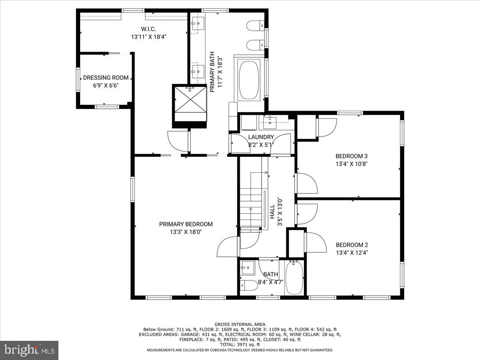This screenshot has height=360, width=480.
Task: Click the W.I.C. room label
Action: (x=148, y=29)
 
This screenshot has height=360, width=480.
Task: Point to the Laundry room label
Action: (x=261, y=137)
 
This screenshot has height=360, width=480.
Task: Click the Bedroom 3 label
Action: (x=351, y=156)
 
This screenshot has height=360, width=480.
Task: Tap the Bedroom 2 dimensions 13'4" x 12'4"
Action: (x=352, y=252)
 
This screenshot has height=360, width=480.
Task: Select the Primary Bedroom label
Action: (x=186, y=224)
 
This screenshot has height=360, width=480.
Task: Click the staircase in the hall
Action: (x=251, y=200)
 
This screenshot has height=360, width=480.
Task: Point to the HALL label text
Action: (x=272, y=211)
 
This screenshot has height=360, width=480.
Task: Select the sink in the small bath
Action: (x=248, y=267)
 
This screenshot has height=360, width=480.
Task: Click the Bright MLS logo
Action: (x=29, y=350)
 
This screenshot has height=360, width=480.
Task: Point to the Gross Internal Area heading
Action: (x=240, y=324)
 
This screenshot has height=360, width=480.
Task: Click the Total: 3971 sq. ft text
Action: (x=240, y=344)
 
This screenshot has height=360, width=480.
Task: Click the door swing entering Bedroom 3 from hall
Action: (x=306, y=183)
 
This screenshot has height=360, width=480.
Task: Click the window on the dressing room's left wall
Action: (x=78, y=80)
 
